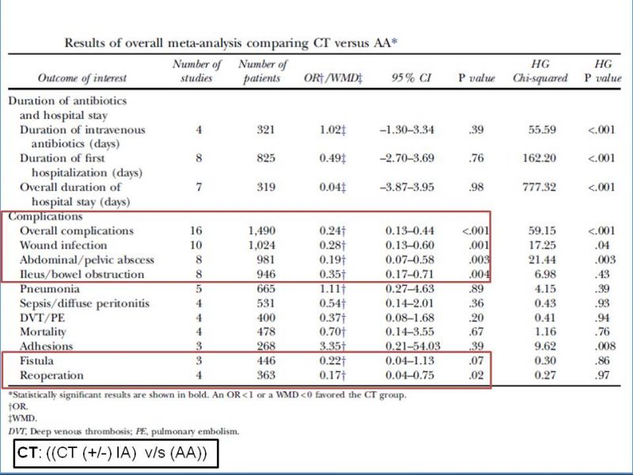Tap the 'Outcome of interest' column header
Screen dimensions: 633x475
[x=82, y=78]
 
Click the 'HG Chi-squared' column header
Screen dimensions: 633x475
[x=540, y=70]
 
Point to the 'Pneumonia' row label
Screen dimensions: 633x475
[x=50, y=289]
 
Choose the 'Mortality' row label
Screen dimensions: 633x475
[x=43, y=332]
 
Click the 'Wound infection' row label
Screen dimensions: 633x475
[x=63, y=245]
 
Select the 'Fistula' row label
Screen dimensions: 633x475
[x=36, y=361]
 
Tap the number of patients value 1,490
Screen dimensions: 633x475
[x=262, y=231]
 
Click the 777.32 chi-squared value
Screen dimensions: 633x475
[x=540, y=188]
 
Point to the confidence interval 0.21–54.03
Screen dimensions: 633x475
[x=412, y=346]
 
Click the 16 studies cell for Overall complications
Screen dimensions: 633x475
[x=196, y=230]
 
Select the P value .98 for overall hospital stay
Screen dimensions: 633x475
[x=476, y=188]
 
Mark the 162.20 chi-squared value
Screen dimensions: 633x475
[x=540, y=158]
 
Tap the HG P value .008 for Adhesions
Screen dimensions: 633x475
[x=605, y=346]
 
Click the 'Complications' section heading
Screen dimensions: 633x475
[x=45, y=217]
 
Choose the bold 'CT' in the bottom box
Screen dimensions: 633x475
[x=28, y=453]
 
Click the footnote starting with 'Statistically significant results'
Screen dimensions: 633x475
[x=207, y=394]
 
